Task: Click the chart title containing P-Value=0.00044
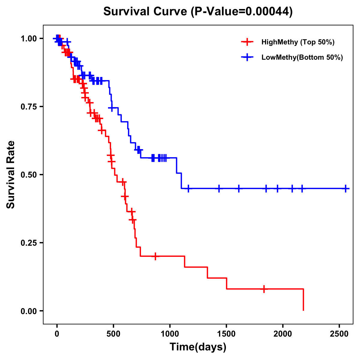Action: [x=198, y=12]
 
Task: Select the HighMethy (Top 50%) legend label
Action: [x=298, y=42]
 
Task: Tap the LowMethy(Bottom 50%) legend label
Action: [x=302, y=57]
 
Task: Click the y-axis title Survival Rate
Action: [x=11, y=174]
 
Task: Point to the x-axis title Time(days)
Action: [x=198, y=347]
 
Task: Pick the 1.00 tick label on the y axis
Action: [x=28, y=39]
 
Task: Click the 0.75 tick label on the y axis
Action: [x=28, y=107]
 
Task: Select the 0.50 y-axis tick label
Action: [x=28, y=175]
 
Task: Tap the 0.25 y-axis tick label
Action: [x=28, y=243]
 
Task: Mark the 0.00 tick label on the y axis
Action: [x=28, y=311]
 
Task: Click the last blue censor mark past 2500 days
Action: [x=346, y=188]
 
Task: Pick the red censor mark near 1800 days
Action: [x=264, y=289]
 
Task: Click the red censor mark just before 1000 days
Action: [x=155, y=256]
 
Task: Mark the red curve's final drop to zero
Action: [x=303, y=300]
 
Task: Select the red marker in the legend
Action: [x=247, y=42]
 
